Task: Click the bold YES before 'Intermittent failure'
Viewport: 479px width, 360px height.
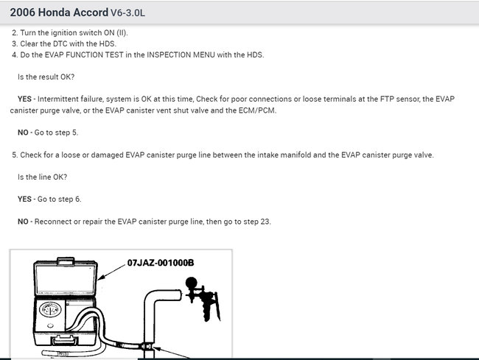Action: pos(27,99)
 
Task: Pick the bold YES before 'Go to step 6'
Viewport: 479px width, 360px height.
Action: pos(27,199)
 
